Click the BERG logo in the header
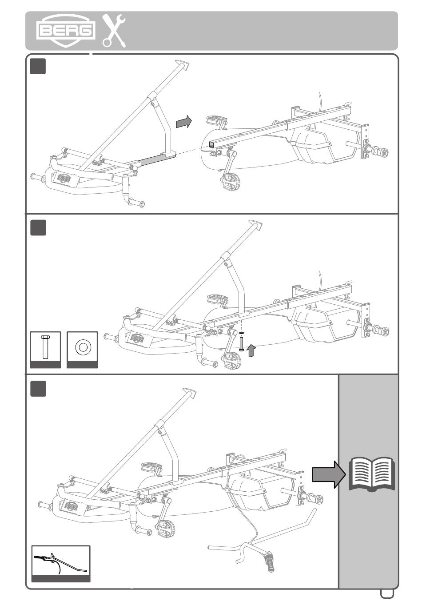coord(65,31)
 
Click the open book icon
coord(372,474)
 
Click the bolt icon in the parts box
coord(45,347)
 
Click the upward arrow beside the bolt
coord(251,350)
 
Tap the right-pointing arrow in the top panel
coord(184,122)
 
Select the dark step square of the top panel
coord(38,67)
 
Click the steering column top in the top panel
coord(182,65)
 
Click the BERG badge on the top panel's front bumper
coord(63,178)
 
